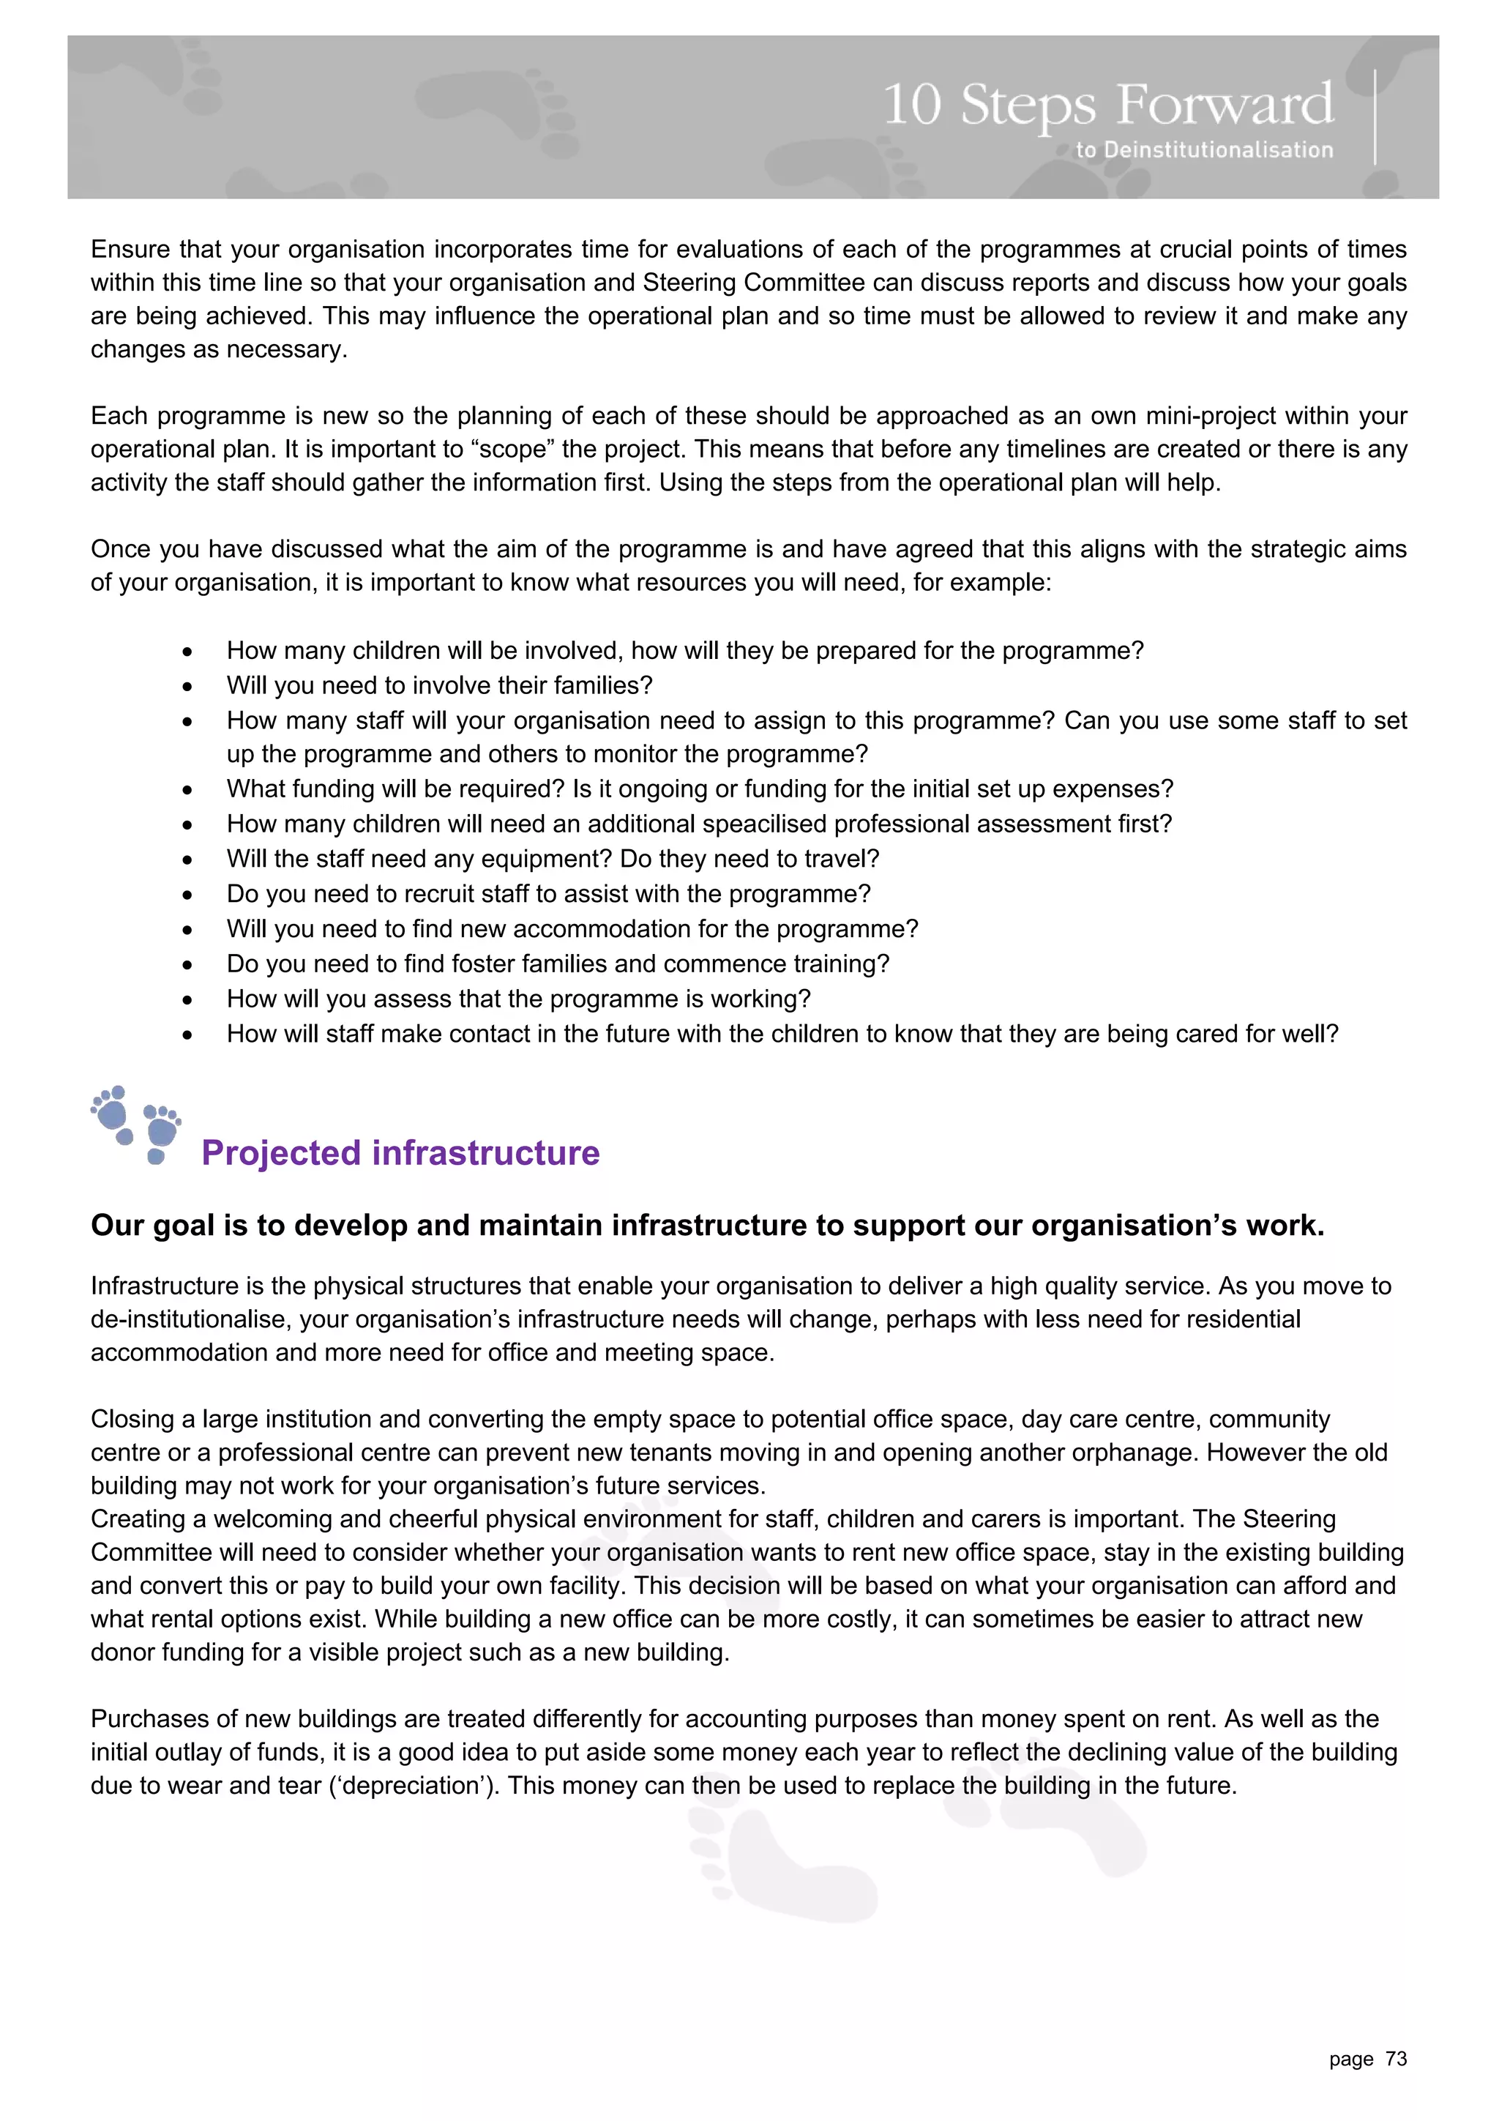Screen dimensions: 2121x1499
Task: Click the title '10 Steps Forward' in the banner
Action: tap(1107, 105)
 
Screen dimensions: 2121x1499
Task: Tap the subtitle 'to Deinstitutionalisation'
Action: tap(1203, 149)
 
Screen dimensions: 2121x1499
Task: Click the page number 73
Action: tap(1396, 2058)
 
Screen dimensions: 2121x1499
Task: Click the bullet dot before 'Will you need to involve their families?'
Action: tap(187, 686)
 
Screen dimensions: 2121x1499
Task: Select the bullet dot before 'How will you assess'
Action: tap(187, 999)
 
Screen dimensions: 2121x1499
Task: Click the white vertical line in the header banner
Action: tap(1375, 117)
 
